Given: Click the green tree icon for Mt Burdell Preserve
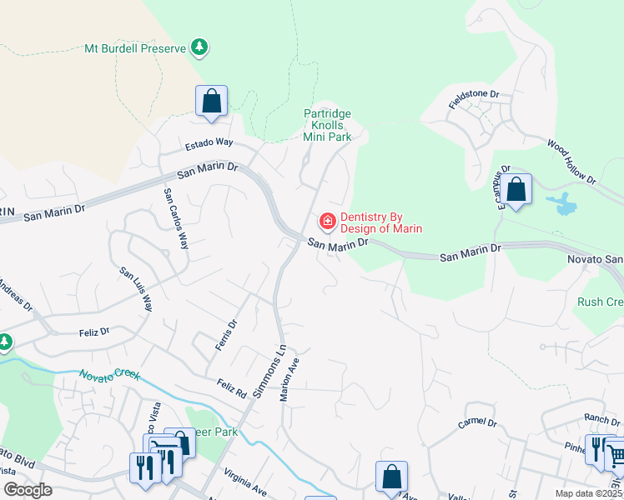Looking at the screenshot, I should [199, 47].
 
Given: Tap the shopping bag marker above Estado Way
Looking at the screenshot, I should [212, 101].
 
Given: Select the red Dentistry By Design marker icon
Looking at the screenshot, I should [327, 221].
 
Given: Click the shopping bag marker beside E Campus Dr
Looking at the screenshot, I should [516, 189].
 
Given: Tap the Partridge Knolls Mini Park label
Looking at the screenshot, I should [327, 125].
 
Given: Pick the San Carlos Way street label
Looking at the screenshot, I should [175, 218].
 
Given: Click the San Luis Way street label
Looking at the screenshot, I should [137, 289].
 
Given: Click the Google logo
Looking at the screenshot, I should [28, 490].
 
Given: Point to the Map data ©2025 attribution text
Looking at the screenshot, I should [589, 493].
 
